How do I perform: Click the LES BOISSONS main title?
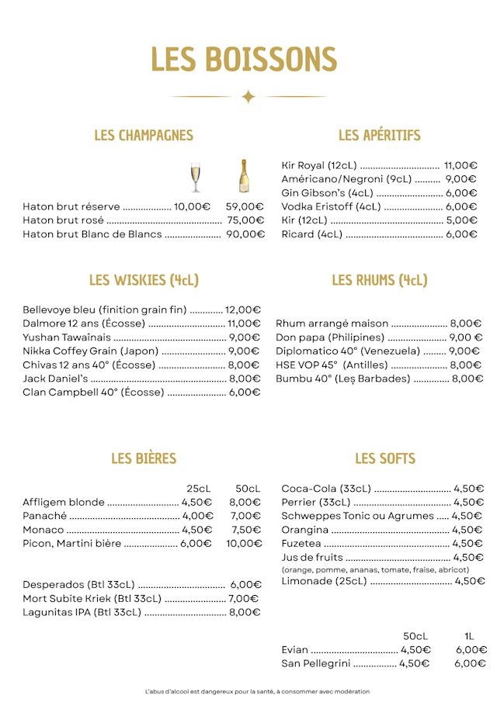pos(244,60)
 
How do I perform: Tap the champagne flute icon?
pos(195,178)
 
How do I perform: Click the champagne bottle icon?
pos(243,176)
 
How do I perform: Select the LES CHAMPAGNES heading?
pos(144,136)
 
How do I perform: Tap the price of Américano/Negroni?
pos(461,179)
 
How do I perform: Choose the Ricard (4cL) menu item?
pos(311,234)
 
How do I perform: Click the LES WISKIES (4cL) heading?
pos(144,280)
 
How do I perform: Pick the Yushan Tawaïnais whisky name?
pos(67,337)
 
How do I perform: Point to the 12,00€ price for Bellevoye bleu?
pos(243,310)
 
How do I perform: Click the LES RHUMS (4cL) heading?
pos(379,280)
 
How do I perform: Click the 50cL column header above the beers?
pos(248,489)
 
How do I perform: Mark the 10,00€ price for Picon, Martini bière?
pos(244,544)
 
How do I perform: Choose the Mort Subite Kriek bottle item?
pos(92,599)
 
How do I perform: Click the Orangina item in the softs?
pos(304,530)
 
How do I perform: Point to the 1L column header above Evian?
pos(469,636)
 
